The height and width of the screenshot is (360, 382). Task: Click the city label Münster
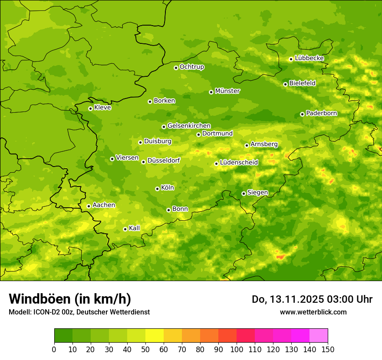point(227,91)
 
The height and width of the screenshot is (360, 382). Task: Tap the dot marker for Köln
point(157,189)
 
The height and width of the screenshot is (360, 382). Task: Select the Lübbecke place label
point(309,58)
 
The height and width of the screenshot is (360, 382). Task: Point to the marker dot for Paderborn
point(302,114)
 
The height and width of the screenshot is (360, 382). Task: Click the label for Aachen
point(104,205)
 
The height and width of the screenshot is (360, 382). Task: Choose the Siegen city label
point(257,193)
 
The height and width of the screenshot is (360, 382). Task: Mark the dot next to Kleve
point(90,108)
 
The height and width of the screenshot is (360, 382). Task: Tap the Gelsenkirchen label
point(189,126)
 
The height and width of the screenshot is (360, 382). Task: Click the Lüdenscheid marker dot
point(216,164)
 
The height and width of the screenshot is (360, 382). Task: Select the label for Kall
point(134,228)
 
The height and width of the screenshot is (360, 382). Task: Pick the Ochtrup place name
point(191,67)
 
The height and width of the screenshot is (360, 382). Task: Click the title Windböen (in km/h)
point(69,299)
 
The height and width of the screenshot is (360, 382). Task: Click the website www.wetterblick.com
point(313,312)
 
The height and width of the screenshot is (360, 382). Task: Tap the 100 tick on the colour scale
point(237,349)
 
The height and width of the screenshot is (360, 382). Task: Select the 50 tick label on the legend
point(145,349)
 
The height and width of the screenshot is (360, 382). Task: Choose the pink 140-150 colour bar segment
point(319,336)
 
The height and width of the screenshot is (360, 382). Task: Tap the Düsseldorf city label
point(163,160)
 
